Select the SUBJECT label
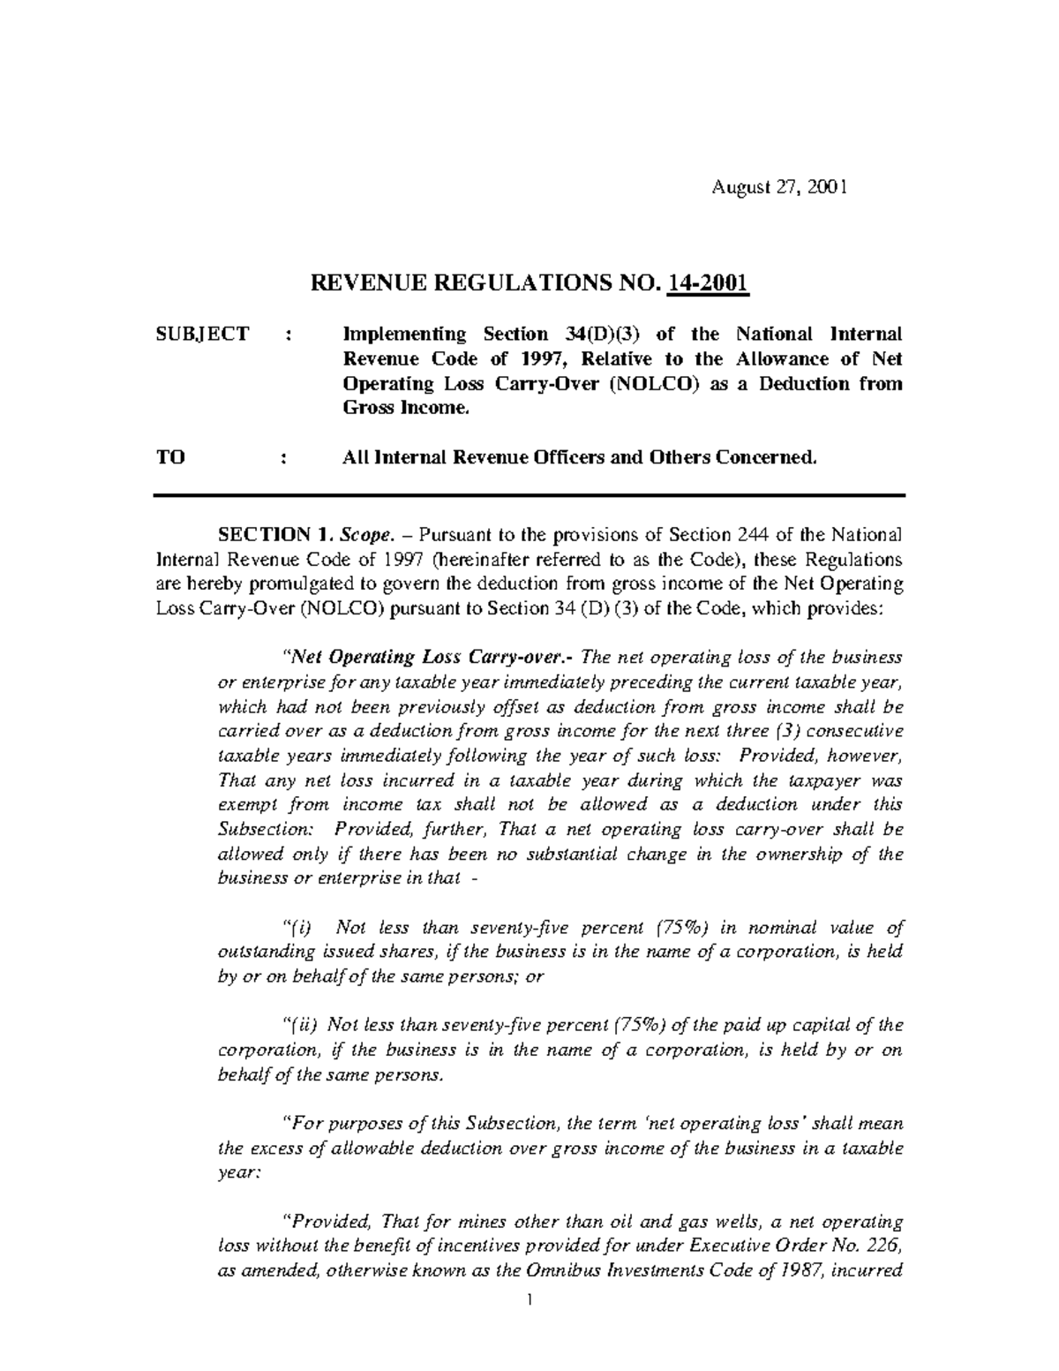click(202, 334)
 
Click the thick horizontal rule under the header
click(529, 495)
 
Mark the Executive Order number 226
click(889, 1247)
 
